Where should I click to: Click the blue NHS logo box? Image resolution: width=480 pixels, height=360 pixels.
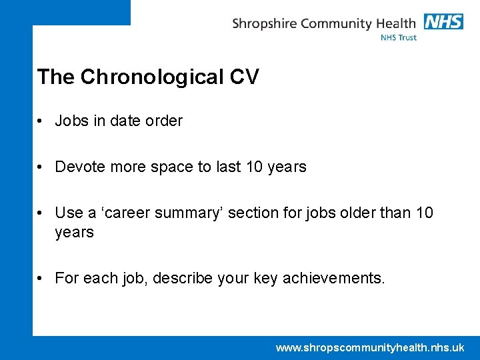point(443,22)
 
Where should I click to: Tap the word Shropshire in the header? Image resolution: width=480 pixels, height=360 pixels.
point(265,24)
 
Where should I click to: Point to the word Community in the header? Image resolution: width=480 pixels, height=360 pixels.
point(335,24)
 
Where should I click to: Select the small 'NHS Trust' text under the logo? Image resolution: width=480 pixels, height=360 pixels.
point(398,38)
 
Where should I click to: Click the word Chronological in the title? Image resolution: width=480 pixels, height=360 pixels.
point(152,77)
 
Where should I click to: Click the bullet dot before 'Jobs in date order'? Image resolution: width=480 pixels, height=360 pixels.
point(41,121)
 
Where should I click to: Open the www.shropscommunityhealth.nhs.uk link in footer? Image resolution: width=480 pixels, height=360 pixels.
point(370,347)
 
